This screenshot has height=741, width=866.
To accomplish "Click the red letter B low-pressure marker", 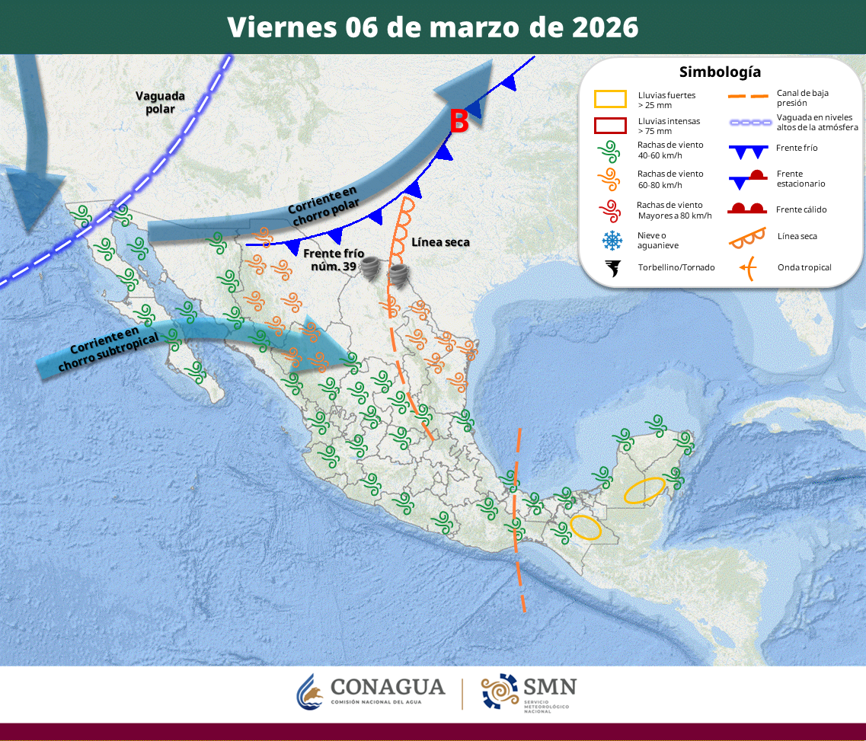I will (459, 121).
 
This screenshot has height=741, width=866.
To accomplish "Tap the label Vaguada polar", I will (161, 102).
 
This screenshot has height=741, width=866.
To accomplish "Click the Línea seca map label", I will (440, 242).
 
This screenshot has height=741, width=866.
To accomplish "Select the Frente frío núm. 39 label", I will (334, 260).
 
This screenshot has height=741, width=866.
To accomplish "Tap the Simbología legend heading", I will (720, 72).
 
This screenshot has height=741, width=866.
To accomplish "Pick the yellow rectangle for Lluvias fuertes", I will (610, 99).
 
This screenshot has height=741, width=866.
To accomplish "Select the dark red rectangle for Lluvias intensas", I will (610, 126).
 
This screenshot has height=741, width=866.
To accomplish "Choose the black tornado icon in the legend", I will (611, 268).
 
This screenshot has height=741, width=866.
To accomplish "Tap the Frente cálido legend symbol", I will (746, 209).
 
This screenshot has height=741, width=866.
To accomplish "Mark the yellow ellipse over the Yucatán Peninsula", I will (644, 490).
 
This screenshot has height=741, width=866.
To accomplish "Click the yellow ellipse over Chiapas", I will (586, 528).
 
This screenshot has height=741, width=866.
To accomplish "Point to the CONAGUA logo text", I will (387, 687).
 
